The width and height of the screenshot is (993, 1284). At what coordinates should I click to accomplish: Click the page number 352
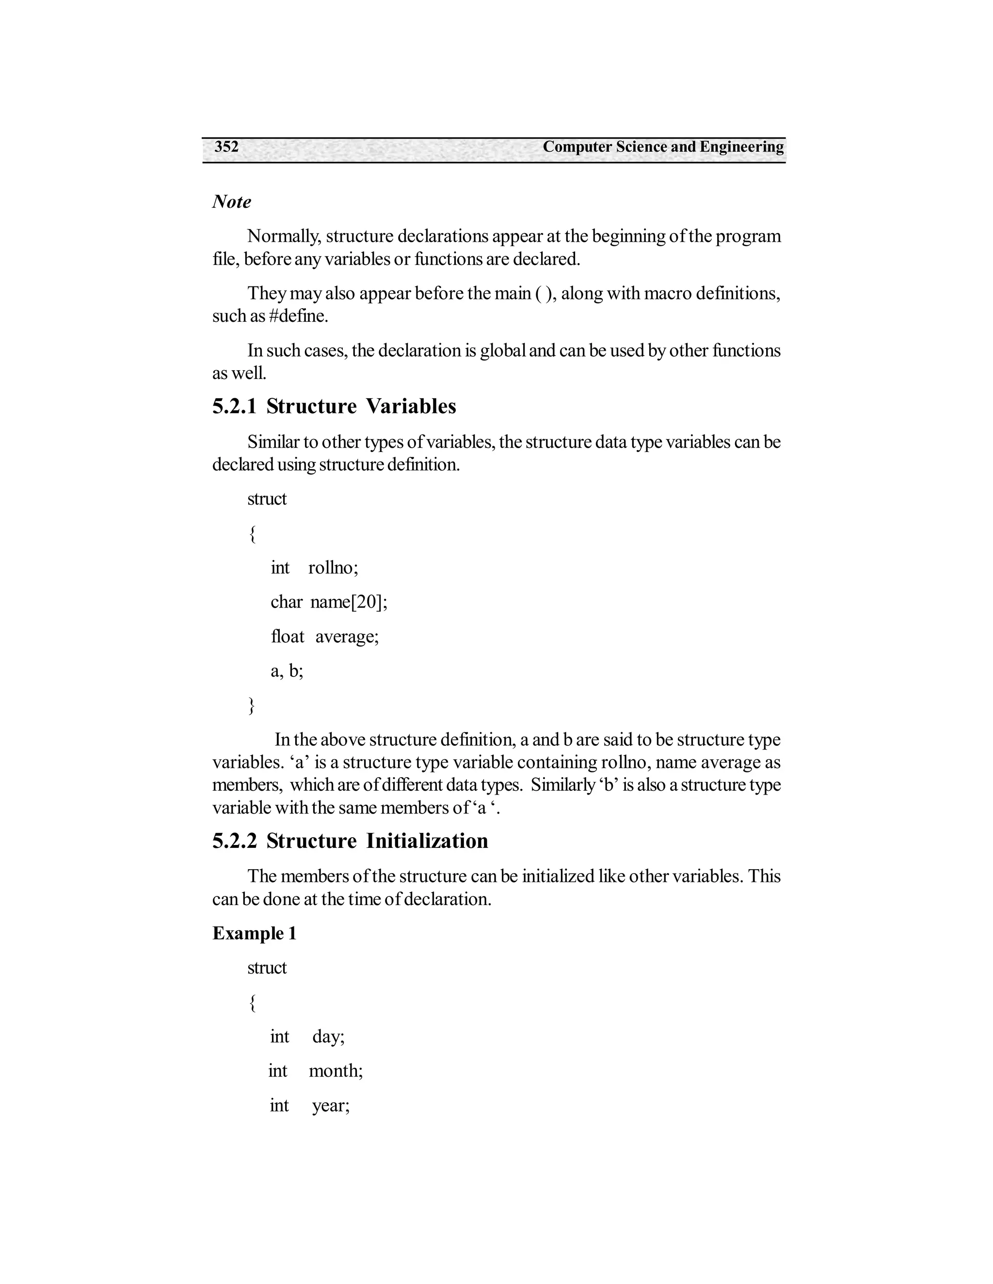pyautogui.click(x=226, y=147)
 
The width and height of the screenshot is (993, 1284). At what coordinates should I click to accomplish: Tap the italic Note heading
pyautogui.click(x=231, y=202)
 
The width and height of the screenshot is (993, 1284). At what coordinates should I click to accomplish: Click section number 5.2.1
pyautogui.click(x=234, y=406)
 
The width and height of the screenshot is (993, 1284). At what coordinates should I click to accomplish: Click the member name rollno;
pyautogui.click(x=333, y=568)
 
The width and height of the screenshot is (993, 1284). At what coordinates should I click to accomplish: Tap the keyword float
pyautogui.click(x=287, y=637)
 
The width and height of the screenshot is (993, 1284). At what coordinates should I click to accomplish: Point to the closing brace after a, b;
pyautogui.click(x=252, y=705)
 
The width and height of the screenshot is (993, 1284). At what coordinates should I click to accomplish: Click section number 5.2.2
pyautogui.click(x=234, y=841)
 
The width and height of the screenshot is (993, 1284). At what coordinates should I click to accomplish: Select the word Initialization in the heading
pyautogui.click(x=427, y=841)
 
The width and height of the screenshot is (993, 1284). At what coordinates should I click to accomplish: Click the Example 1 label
pyautogui.click(x=254, y=934)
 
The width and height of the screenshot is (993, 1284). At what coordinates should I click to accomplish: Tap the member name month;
pyautogui.click(x=336, y=1071)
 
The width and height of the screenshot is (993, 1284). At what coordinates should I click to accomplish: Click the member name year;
pyautogui.click(x=331, y=1106)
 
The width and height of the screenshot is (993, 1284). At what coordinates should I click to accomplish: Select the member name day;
pyautogui.click(x=328, y=1036)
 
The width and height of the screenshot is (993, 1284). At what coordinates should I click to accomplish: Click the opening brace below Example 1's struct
pyautogui.click(x=252, y=1002)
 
